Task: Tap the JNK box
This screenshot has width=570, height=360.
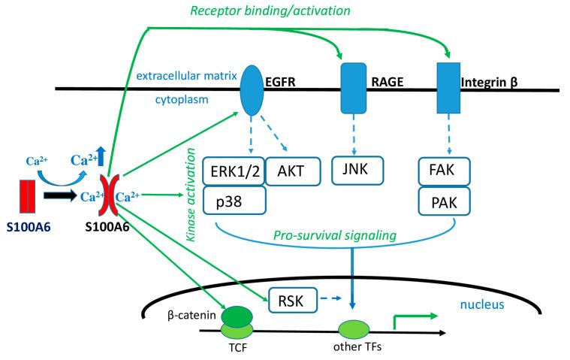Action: (357, 171)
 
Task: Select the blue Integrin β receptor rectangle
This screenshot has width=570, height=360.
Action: (448, 89)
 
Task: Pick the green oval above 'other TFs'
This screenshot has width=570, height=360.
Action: (352, 330)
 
